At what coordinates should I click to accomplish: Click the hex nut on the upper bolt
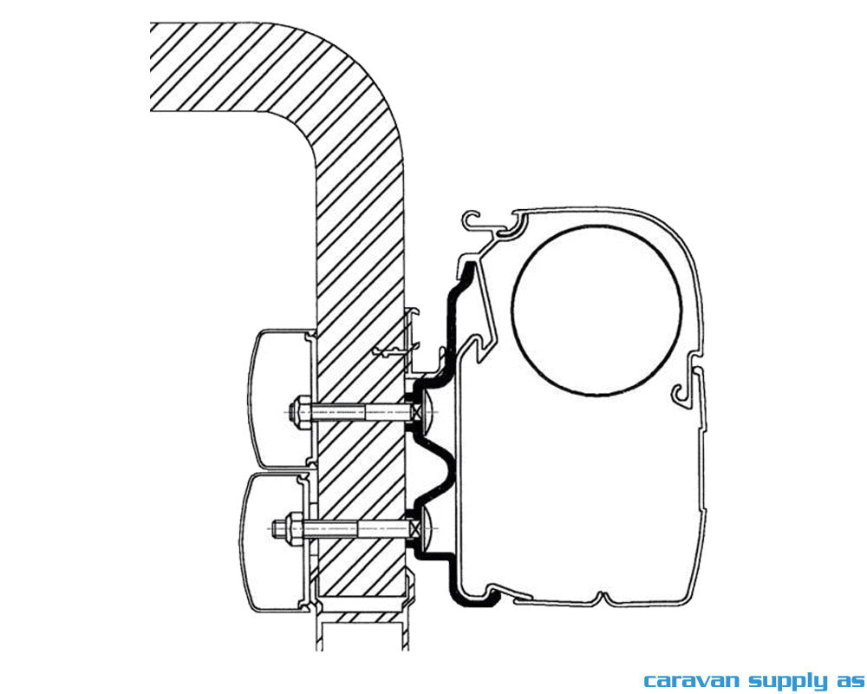click(x=303, y=412)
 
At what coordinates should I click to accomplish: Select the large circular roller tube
click(x=596, y=310)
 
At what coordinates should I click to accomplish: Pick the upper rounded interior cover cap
click(x=280, y=397)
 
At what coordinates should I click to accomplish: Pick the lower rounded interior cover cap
click(x=274, y=542)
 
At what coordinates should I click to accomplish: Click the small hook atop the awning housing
click(x=475, y=222)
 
